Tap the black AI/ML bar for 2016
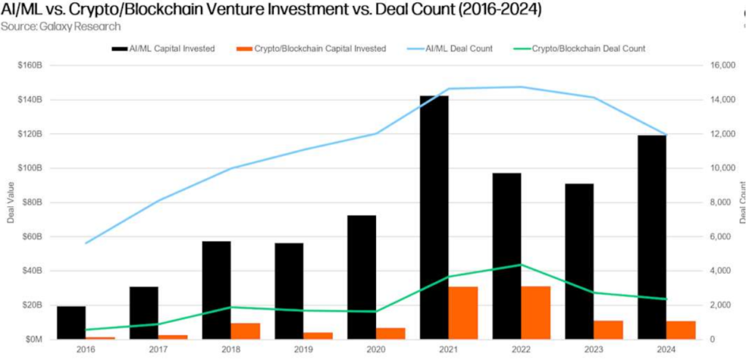coord(71,322)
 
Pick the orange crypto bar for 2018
coord(246,331)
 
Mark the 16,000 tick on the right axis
coord(724,66)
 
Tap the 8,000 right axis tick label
coord(722,203)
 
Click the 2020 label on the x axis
coord(376,351)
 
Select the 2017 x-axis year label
coord(158,351)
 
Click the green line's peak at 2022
coord(521,265)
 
